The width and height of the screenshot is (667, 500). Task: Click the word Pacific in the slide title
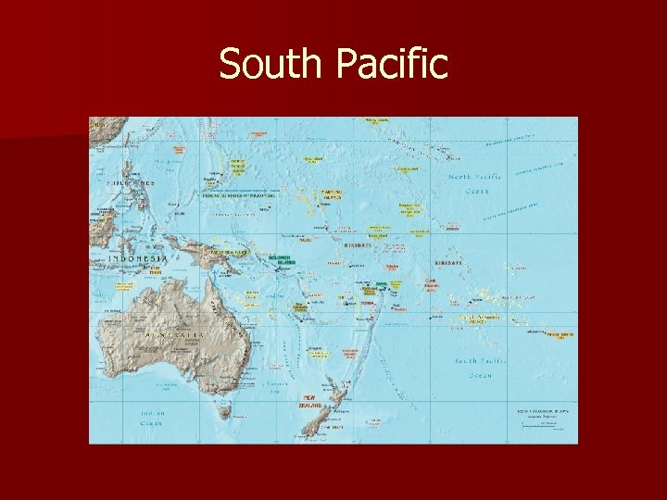(x=390, y=65)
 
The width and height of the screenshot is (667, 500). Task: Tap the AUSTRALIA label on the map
(x=173, y=330)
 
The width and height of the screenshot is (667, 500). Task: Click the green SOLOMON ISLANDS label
(x=280, y=259)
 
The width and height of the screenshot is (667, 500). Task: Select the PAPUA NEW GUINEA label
(x=230, y=251)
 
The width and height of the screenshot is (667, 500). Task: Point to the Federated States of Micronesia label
(x=239, y=195)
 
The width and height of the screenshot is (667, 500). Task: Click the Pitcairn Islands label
(x=560, y=334)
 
